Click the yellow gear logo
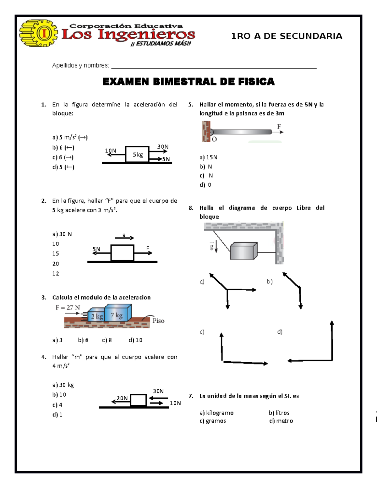(38, 33)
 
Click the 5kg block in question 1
(137, 154)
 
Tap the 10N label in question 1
(111, 151)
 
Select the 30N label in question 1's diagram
(163, 146)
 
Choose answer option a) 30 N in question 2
(62, 234)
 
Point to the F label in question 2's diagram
(148, 248)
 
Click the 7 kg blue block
(117, 315)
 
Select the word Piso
(158, 321)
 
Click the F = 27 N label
(68, 308)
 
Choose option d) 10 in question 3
(135, 340)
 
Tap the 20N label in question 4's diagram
(122, 398)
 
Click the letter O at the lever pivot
(214, 139)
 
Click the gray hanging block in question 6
(243, 251)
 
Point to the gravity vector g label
(212, 247)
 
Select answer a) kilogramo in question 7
(216, 413)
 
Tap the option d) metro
(281, 421)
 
